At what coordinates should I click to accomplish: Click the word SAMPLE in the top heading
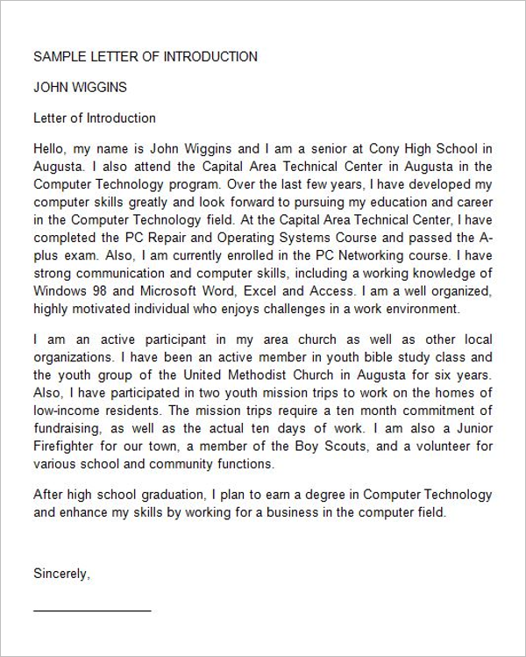(59, 57)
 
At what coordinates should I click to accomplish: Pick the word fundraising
(67, 429)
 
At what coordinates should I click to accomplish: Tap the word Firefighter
(64, 447)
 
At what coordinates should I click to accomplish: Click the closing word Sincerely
(61, 575)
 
